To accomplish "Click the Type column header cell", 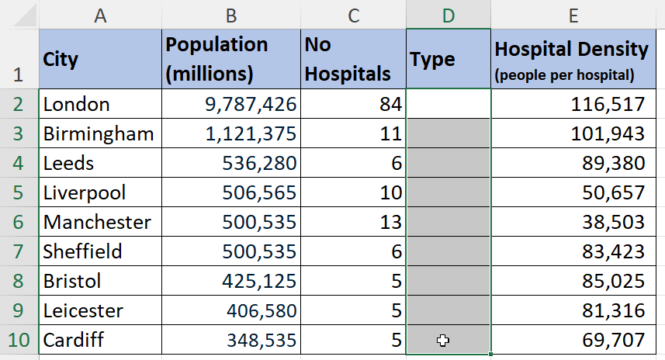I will point(448,60).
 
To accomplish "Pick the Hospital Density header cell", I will point(571,60).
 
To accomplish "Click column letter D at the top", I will point(448,15).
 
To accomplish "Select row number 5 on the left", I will point(19,192).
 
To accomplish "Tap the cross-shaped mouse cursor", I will point(442,340).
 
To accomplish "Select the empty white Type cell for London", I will point(448,104).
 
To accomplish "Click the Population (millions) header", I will point(231,60).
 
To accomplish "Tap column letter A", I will point(100,15).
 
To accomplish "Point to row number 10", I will point(19,340).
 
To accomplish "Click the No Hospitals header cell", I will point(353,60).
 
